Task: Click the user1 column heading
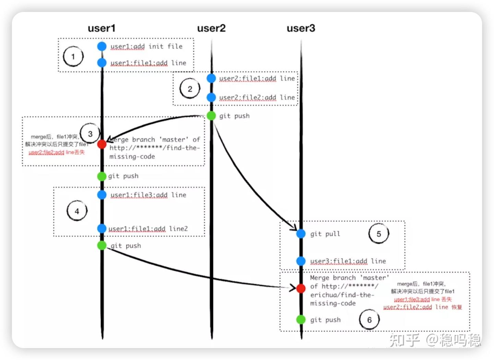click(x=102, y=28)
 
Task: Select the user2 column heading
click(x=211, y=28)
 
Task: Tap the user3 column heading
click(x=301, y=28)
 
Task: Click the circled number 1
click(x=73, y=56)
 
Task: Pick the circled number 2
click(x=190, y=89)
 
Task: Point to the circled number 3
click(x=90, y=133)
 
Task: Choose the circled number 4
click(x=77, y=211)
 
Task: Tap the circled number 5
click(x=379, y=234)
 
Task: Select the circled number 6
click(x=369, y=320)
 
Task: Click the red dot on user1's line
click(x=102, y=144)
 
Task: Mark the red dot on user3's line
click(x=301, y=288)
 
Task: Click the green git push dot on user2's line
click(x=211, y=116)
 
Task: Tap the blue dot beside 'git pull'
click(x=301, y=234)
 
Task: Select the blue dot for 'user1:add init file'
click(x=102, y=46)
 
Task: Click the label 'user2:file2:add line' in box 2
click(x=257, y=97)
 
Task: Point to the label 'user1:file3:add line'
click(x=148, y=195)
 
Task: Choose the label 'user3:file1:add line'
click(x=348, y=261)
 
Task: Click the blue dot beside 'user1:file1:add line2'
click(x=102, y=228)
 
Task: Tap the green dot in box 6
click(x=301, y=320)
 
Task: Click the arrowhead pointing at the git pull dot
click(x=294, y=228)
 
